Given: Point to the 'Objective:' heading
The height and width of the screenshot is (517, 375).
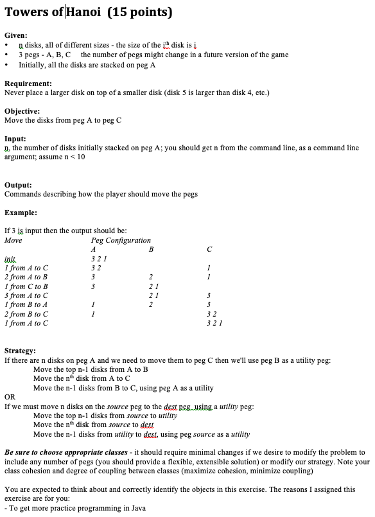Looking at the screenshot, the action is (x=22, y=111).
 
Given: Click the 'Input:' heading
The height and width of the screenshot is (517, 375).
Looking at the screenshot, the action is (x=15, y=139).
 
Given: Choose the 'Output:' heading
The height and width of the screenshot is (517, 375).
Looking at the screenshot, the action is (x=18, y=185).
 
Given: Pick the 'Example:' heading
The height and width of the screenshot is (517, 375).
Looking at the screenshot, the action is (x=21, y=213).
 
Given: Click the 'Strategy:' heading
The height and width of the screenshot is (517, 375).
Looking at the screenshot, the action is (x=21, y=351).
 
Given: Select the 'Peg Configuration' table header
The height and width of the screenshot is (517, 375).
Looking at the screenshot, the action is (x=121, y=240).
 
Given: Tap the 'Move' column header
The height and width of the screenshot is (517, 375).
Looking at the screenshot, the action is (x=13, y=240).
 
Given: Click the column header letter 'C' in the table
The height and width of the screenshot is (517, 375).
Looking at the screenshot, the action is (x=209, y=249).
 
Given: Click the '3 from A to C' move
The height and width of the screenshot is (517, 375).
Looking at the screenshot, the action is (x=26, y=295).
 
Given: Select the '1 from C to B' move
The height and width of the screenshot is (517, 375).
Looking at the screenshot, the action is (x=26, y=286).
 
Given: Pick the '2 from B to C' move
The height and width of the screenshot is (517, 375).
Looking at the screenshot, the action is (x=26, y=314).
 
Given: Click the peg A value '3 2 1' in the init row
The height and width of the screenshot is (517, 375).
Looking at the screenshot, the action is (x=97, y=259).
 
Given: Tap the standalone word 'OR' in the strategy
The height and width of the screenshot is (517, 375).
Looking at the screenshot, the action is (x=10, y=398).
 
